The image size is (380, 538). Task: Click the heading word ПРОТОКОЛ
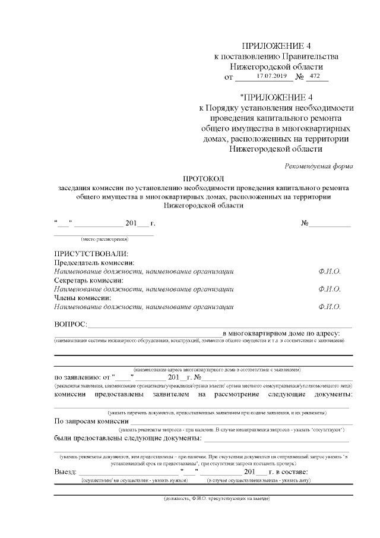tap(203, 178)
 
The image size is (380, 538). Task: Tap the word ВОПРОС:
tap(71, 325)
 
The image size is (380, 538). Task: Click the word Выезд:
tap(65, 472)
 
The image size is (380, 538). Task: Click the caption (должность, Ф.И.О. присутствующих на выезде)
tap(217, 498)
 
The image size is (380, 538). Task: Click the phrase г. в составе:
tap(293, 472)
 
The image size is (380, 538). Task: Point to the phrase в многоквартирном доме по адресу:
tap(281, 334)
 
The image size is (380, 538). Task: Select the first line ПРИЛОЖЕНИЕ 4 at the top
tap(276, 46)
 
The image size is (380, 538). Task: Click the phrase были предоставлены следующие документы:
tap(128, 439)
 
